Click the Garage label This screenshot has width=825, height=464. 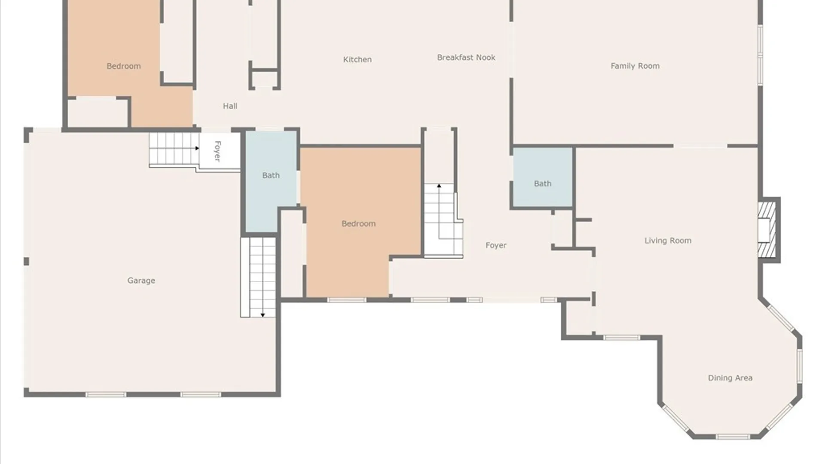tap(141, 281)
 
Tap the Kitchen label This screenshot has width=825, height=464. tap(357, 59)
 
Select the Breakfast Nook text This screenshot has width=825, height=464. tap(466, 57)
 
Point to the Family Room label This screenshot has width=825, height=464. tap(635, 66)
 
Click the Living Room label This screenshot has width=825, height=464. tap(668, 241)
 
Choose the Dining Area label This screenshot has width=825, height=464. tap(730, 378)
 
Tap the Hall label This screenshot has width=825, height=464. tap(230, 106)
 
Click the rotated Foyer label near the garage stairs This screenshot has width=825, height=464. tap(217, 151)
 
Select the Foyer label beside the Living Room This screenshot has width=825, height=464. tap(496, 245)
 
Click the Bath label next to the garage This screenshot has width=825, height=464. tap(271, 175)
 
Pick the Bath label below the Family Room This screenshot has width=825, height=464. tap(542, 183)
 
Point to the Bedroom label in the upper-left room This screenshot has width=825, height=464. tap(123, 66)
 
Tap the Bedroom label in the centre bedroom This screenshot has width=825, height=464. tap(358, 223)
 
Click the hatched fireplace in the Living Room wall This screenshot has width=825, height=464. tap(767, 230)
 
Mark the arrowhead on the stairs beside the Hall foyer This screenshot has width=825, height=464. tap(197, 148)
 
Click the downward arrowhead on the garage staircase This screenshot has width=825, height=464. tap(263, 315)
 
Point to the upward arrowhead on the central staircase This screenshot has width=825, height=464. tap(439, 186)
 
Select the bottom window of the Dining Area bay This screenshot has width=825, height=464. tap(733, 437)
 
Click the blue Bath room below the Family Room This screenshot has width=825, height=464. tap(543, 177)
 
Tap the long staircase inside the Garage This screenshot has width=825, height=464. tap(258, 278)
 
